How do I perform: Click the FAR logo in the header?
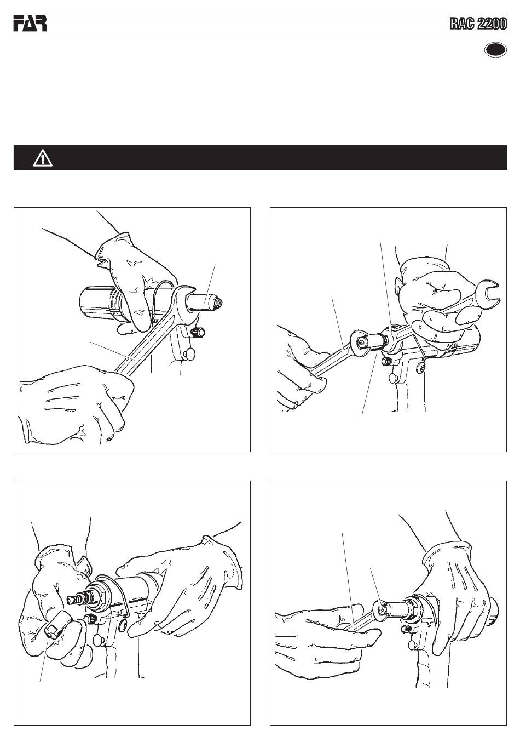30,24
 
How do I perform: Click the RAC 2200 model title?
478,24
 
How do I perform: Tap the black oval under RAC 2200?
495,50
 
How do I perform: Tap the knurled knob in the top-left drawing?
198,332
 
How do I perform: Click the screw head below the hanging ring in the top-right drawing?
421,366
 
